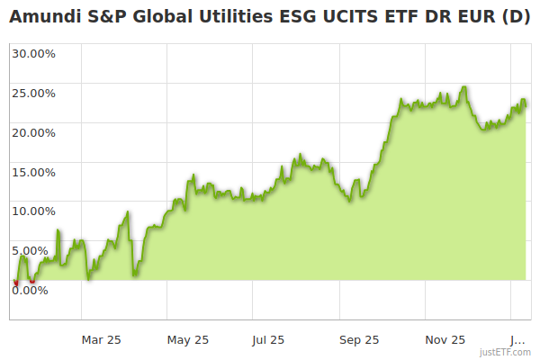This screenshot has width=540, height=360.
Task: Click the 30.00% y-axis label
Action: pyautogui.click(x=33, y=53)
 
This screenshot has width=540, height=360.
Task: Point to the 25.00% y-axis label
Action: pyautogui.click(x=33, y=93)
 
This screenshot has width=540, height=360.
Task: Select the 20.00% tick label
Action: pyautogui.click(x=33, y=132)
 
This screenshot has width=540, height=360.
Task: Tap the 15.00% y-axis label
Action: pyautogui.click(x=33, y=172)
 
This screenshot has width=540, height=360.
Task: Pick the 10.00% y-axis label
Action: pyautogui.click(x=33, y=211)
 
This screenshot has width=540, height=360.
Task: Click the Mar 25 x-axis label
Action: pyautogui.click(x=102, y=339)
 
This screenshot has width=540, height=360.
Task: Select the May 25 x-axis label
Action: pyautogui.click(x=188, y=339)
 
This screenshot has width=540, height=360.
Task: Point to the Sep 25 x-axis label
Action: pyautogui.click(x=359, y=339)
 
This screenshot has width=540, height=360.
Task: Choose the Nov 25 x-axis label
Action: pyautogui.click(x=445, y=339)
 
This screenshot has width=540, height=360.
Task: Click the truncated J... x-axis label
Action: pyautogui.click(x=517, y=339)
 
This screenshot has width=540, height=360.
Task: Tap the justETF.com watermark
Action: pyautogui.click(x=505, y=352)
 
